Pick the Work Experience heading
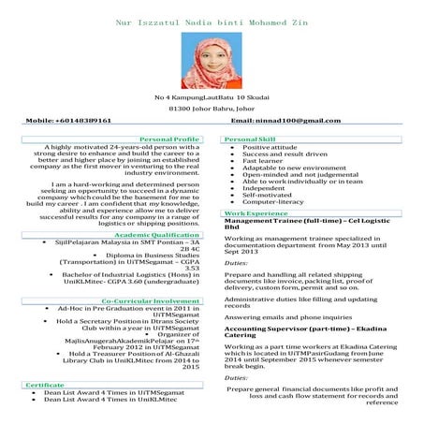[x=256, y=214]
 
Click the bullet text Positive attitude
[x=270, y=147]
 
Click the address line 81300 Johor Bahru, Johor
[x=212, y=109]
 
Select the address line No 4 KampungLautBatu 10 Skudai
[x=212, y=97]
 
